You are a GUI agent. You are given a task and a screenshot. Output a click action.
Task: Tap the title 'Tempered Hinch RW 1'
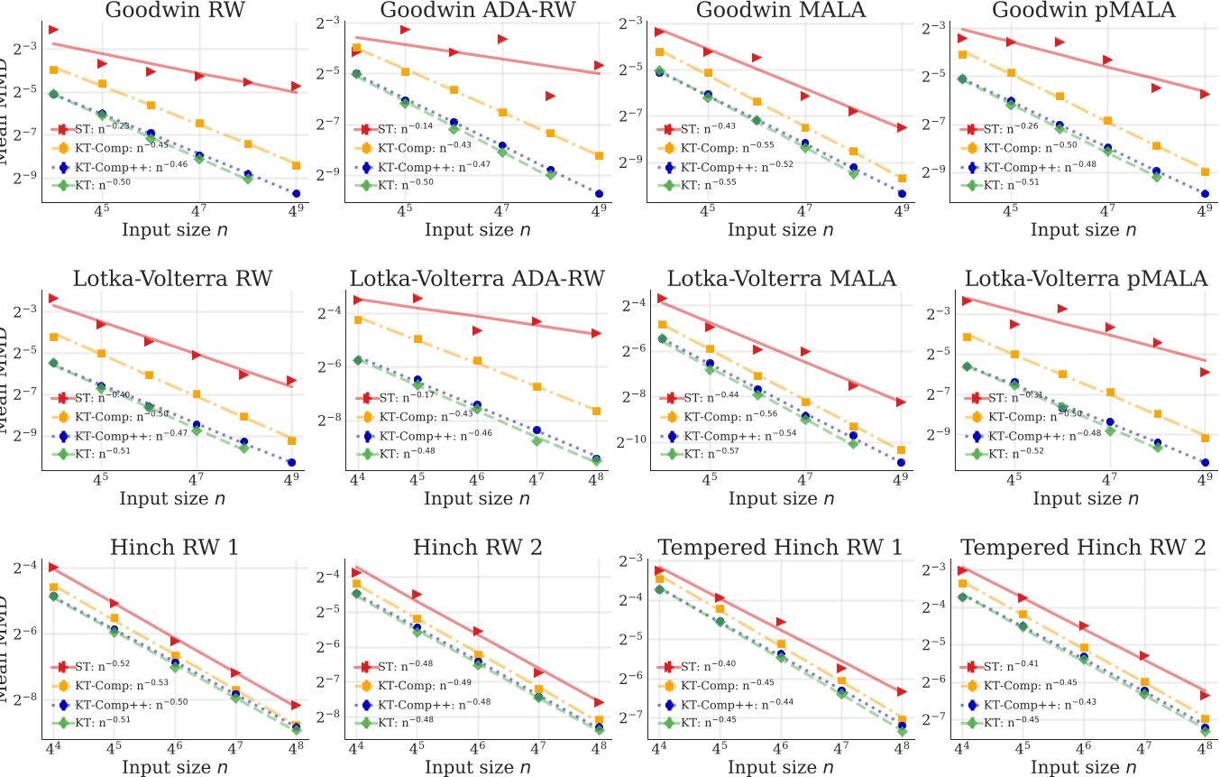(x=779, y=548)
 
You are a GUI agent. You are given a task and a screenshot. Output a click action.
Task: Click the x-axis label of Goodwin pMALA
(x=1081, y=230)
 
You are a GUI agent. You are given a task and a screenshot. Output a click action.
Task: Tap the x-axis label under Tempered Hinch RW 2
(x=1081, y=767)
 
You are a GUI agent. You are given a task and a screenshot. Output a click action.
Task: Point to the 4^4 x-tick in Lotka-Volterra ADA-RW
(x=357, y=480)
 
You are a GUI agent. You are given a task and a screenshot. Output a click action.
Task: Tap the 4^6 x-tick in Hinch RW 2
(x=477, y=749)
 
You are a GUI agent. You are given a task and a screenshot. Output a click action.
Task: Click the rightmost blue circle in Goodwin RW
(x=296, y=193)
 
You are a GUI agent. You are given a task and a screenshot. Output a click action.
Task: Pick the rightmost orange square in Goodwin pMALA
(x=1204, y=171)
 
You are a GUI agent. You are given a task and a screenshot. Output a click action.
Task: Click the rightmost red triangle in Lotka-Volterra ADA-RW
(x=596, y=333)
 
